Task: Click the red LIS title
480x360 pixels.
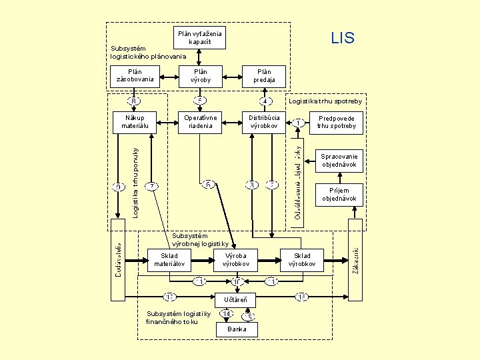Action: pos(343,38)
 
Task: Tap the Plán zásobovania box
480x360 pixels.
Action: pos(135,76)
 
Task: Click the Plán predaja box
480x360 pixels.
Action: pos(265,76)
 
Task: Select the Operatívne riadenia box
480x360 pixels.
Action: pos(200,122)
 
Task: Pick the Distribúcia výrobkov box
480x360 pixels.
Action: pos(264,122)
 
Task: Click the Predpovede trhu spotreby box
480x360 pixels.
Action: pos(337,122)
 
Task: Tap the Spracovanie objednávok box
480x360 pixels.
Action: pos(339,160)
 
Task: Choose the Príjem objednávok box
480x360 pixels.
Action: pos(339,195)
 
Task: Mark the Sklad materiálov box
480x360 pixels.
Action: pos(169,261)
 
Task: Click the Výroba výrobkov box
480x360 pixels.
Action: pos(236,261)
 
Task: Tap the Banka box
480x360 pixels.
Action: pos(237,329)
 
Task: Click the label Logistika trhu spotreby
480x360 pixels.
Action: pos(325,101)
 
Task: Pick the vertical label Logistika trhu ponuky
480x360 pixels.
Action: pos(135,182)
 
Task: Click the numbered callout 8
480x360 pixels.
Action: pos(135,101)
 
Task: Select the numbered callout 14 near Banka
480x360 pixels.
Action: pos(227,314)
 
